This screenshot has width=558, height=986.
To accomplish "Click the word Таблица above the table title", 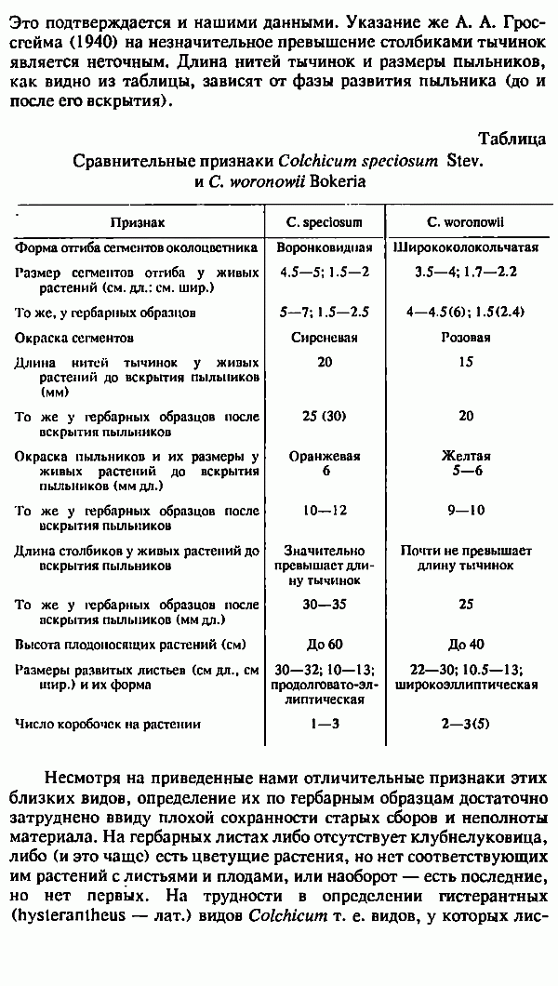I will [x=511, y=140].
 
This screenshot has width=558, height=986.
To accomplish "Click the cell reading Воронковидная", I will [x=325, y=249].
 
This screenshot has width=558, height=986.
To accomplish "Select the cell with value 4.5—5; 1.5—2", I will [x=325, y=273].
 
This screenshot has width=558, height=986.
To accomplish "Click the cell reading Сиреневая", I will [x=325, y=338].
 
